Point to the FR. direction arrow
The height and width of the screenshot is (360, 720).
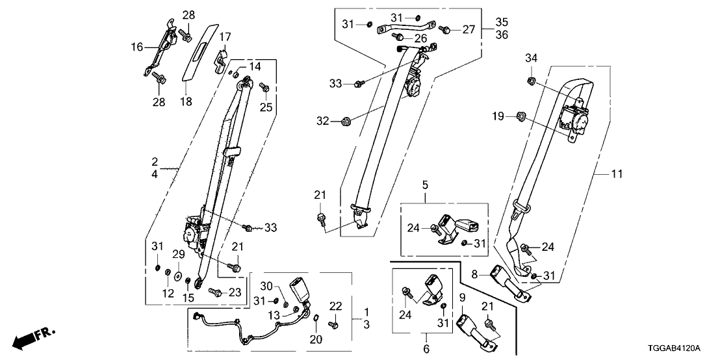click(32, 337)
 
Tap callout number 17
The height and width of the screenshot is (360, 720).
click(224, 36)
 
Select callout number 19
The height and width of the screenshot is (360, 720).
click(498, 116)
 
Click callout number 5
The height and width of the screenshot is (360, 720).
click(426, 185)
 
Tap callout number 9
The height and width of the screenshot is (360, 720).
click(462, 298)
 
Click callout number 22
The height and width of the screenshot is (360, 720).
click(335, 307)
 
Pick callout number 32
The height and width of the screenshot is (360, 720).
click(324, 121)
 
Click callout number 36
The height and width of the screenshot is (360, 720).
click(502, 34)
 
